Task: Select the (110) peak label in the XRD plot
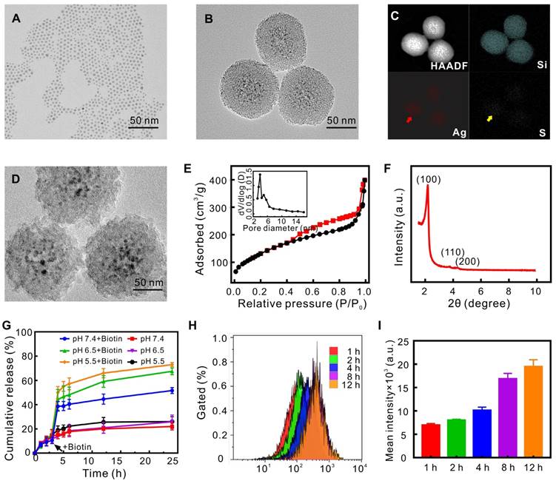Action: (x=452, y=252)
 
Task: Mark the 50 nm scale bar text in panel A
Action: (x=144, y=120)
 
